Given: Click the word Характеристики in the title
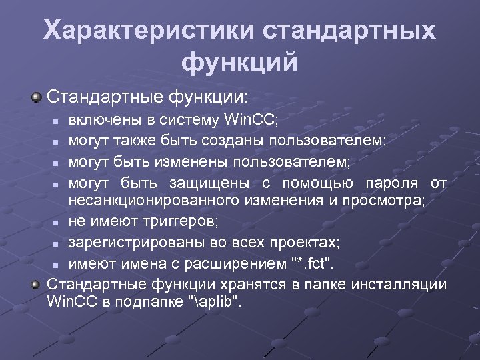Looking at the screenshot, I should [x=146, y=31].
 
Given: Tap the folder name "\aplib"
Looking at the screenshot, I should [x=215, y=301].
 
